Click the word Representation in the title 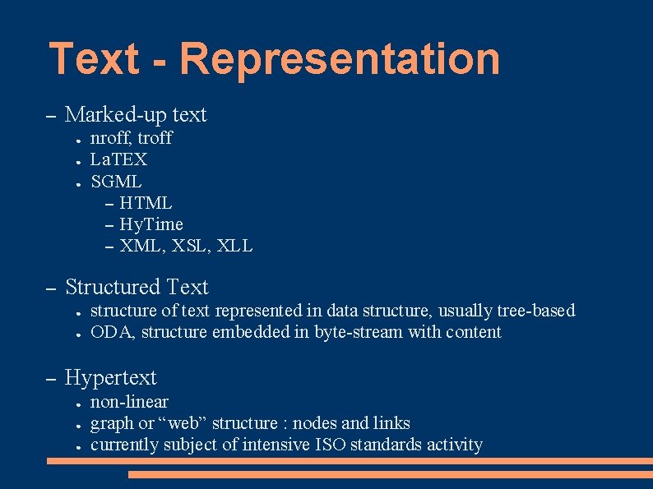pos(339,59)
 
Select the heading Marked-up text pos(136,115)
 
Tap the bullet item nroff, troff pos(131,138)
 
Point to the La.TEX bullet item pos(118,159)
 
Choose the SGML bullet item pos(116,181)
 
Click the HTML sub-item pos(146,202)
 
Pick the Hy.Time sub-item pos(151,224)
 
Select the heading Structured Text pos(137,288)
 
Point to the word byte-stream pos(359,332)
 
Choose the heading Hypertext pos(110,378)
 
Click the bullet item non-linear pos(129,402)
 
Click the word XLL pos(236,246)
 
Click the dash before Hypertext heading pos(50,379)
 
